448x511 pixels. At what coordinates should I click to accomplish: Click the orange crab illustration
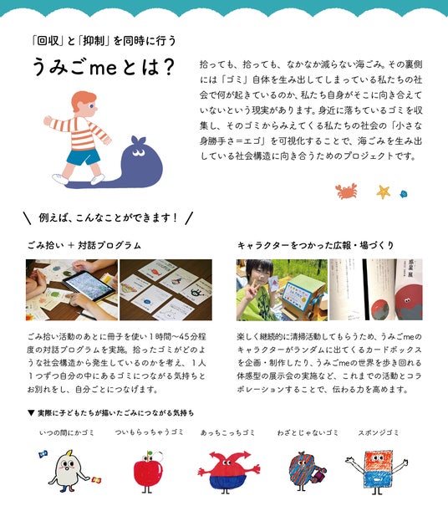[346, 192]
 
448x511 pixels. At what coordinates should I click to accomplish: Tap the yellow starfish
[384, 192]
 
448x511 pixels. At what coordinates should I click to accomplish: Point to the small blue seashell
[404, 194]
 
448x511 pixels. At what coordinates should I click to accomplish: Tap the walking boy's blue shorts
[83, 156]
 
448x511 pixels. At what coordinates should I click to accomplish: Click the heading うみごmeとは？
[104, 67]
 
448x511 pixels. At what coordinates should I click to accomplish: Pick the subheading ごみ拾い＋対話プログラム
[84, 245]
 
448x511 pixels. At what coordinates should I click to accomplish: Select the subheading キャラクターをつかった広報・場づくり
[315, 245]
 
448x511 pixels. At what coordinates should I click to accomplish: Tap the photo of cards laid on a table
[165, 289]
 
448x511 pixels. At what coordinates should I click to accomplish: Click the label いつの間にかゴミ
[66, 432]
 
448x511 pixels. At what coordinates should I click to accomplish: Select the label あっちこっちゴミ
[227, 432]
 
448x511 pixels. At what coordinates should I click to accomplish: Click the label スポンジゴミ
[379, 432]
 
